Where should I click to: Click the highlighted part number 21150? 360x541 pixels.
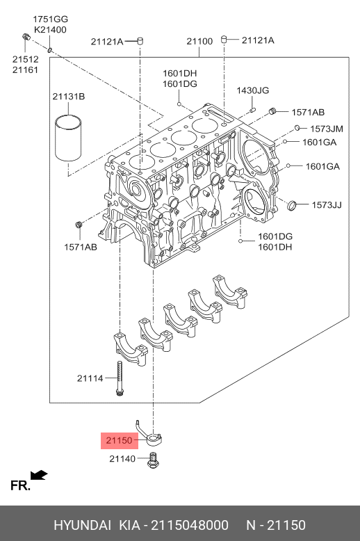[x=120, y=440]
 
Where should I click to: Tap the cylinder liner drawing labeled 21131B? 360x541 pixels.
[x=68, y=138]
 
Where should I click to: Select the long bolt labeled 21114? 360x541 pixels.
[x=120, y=378]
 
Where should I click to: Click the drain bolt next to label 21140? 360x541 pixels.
[x=153, y=460]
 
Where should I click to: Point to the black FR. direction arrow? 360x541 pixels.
[x=39, y=475]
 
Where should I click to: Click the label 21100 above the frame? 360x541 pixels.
[x=199, y=42]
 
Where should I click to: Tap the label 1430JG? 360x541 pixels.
[x=253, y=90]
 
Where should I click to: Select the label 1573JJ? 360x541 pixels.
[x=327, y=205]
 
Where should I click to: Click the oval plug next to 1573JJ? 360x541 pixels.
[x=292, y=205]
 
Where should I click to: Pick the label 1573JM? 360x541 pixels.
[x=327, y=129]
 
